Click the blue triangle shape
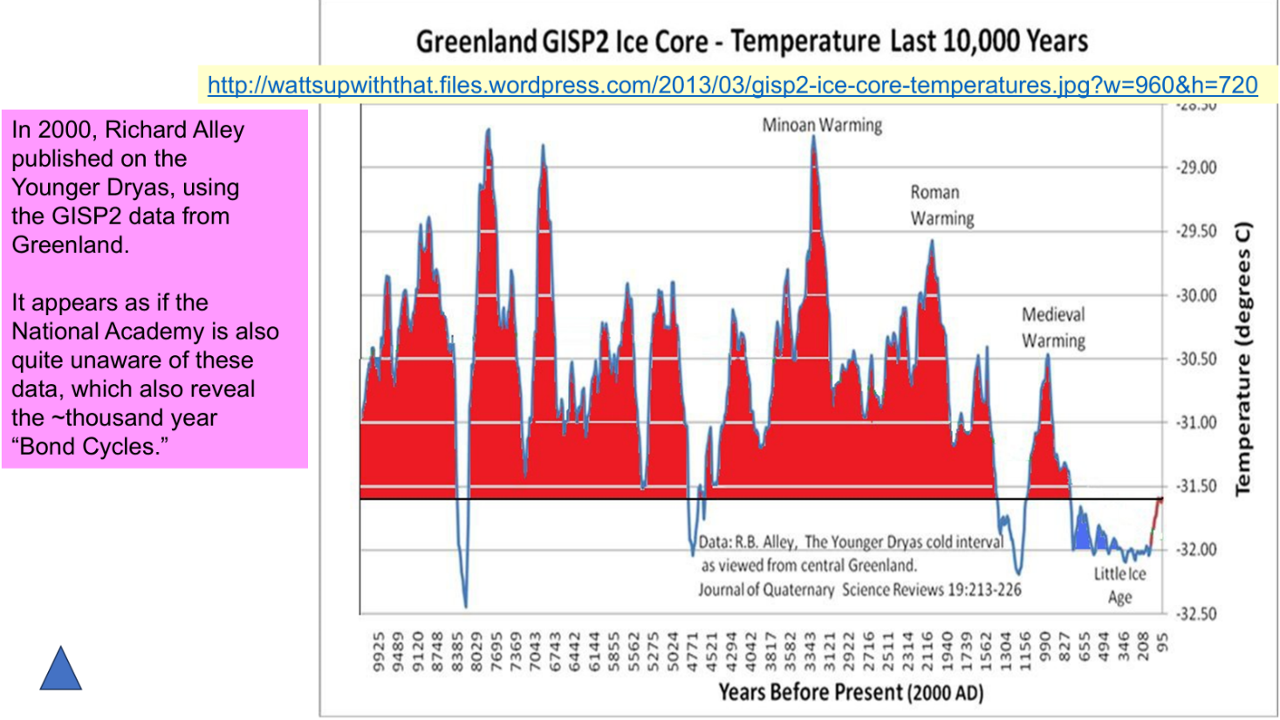click(x=61, y=671)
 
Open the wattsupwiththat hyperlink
click(x=732, y=86)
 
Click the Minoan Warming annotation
click(x=822, y=126)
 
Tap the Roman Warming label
click(x=941, y=205)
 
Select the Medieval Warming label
click(x=1053, y=327)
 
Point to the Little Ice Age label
click(x=1119, y=586)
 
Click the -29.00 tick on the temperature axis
click(x=1196, y=168)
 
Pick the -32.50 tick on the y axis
click(x=1196, y=614)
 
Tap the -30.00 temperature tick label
click(x=1196, y=296)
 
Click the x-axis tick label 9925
click(x=379, y=652)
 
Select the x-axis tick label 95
click(x=1162, y=642)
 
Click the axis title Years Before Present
click(x=851, y=693)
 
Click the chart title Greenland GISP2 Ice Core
click(x=751, y=41)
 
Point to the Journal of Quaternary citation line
click(x=859, y=590)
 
